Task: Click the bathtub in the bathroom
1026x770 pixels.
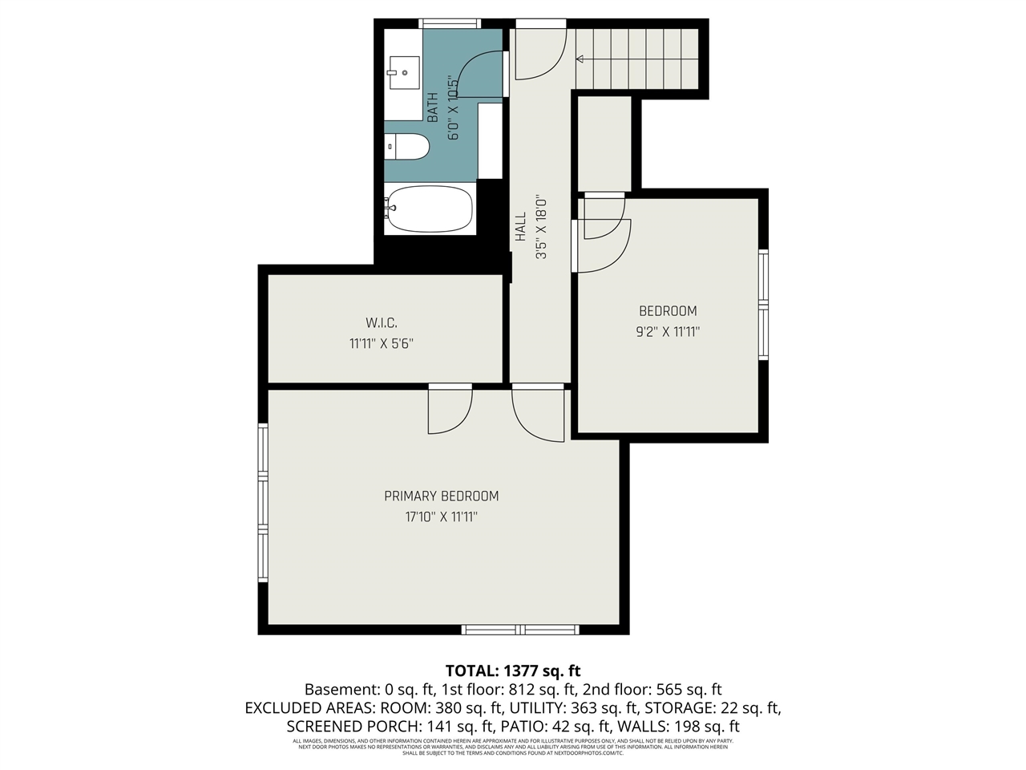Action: coord(430,209)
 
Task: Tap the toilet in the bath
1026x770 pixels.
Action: coord(409,147)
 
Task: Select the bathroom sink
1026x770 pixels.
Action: coord(404,72)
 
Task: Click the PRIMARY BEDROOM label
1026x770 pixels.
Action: coord(441,496)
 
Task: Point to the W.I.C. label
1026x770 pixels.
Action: coord(382,323)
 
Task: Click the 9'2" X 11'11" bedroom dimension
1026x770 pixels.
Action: coord(668,332)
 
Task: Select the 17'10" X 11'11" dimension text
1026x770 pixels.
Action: coord(441,517)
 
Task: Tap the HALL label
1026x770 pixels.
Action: coord(521,227)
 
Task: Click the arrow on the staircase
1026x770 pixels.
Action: coord(580,59)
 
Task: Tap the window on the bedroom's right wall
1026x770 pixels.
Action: coord(763,305)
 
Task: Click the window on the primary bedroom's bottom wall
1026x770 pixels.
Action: coord(520,630)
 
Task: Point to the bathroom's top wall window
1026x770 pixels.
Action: coord(450,23)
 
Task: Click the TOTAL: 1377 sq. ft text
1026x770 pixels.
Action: coord(513,671)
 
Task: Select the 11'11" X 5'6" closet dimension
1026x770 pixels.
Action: coord(382,344)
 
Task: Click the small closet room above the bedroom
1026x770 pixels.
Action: coord(605,143)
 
